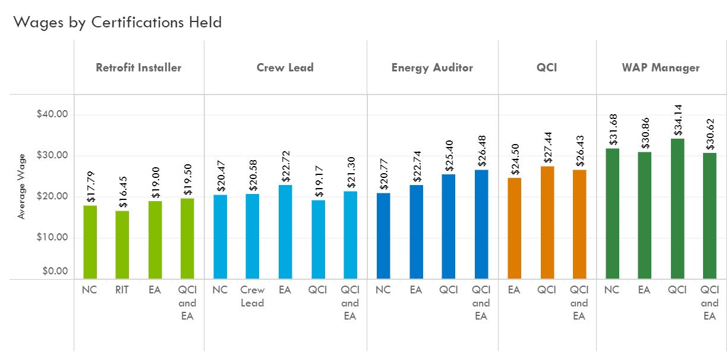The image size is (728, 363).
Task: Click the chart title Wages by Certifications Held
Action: pyautogui.click(x=118, y=23)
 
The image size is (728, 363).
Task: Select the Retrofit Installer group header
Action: pyautogui.click(x=138, y=67)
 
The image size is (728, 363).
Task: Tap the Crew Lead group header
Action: pyautogui.click(x=285, y=67)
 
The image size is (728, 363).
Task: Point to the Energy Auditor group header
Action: pyautogui.click(x=432, y=67)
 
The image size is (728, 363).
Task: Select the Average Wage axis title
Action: pyautogui.click(x=22, y=186)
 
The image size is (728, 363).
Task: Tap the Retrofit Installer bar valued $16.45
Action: pyautogui.click(x=122, y=245)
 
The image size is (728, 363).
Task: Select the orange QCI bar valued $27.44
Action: pyautogui.click(x=547, y=223)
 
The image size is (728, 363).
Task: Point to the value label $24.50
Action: pyautogui.click(x=515, y=160)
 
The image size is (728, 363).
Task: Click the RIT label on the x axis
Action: pyautogui.click(x=122, y=290)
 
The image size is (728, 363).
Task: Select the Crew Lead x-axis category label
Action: pyautogui.click(x=253, y=296)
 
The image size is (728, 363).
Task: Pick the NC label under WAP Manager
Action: pyautogui.click(x=612, y=290)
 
